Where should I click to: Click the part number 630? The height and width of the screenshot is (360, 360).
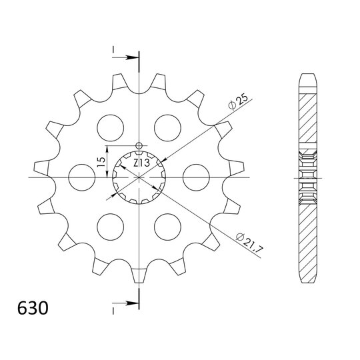click(33, 308)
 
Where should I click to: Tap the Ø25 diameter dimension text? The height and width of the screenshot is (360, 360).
click(238, 102)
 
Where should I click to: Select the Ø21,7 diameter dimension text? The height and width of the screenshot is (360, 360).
click(249, 243)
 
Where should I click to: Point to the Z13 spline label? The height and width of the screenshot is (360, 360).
click(141, 163)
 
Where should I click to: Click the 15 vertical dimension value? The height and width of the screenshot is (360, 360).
click(101, 162)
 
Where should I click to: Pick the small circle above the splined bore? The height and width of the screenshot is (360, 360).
click(139, 145)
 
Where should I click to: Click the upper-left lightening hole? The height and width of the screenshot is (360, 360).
click(110, 128)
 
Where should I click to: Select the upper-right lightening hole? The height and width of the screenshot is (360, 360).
click(167, 128)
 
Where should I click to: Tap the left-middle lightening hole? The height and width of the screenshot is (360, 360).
click(82, 177)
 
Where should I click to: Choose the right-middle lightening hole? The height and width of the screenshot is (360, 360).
click(196, 177)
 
